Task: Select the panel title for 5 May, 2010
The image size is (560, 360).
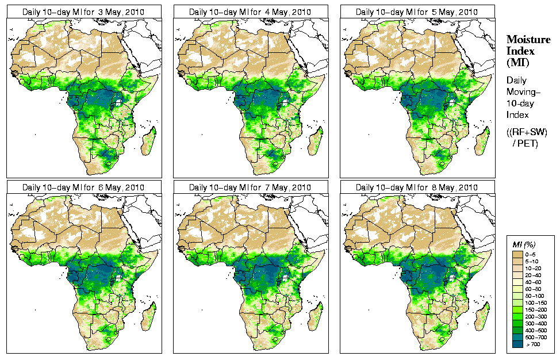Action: click(x=417, y=12)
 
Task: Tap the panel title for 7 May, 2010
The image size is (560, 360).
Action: click(x=251, y=187)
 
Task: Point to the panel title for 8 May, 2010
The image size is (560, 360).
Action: click(x=417, y=187)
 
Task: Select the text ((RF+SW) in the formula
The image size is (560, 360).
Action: click(x=527, y=132)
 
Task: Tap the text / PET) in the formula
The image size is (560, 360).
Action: click(x=525, y=143)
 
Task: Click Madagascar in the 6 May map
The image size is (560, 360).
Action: click(x=149, y=315)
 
